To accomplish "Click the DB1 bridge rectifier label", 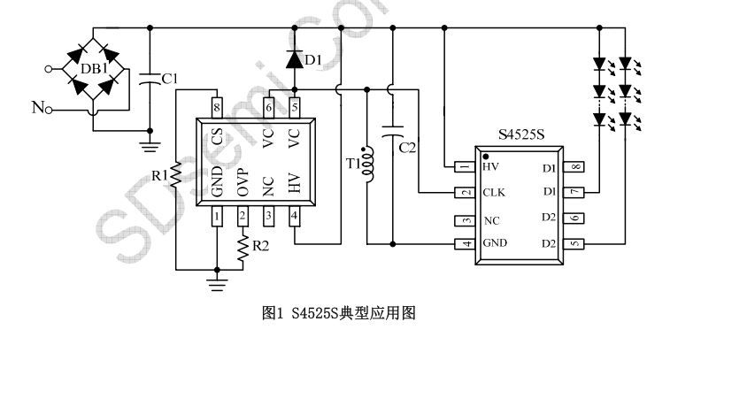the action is pyautogui.click(x=94, y=69).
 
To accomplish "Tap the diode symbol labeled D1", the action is pyautogui.click(x=295, y=59).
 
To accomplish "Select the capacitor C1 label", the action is pyautogui.click(x=170, y=79).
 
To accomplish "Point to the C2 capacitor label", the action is pyautogui.click(x=407, y=148).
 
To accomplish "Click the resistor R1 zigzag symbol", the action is pyautogui.click(x=176, y=174).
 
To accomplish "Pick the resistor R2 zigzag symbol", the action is pyautogui.click(x=243, y=247).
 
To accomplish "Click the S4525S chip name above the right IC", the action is pyautogui.click(x=521, y=134).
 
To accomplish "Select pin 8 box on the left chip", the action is pyautogui.click(x=217, y=108).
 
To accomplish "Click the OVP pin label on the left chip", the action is pyautogui.click(x=243, y=182).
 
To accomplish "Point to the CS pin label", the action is pyautogui.click(x=217, y=137).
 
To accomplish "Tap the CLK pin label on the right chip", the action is pyautogui.click(x=494, y=193).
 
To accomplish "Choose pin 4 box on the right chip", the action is pyautogui.click(x=465, y=244).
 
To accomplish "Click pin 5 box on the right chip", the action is pyautogui.click(x=574, y=244).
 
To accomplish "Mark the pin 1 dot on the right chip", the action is pyautogui.click(x=485, y=157).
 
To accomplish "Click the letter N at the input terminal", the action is pyautogui.click(x=38, y=107).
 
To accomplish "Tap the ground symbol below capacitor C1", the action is pyautogui.click(x=150, y=146).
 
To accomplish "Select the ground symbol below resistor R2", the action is pyautogui.click(x=217, y=285).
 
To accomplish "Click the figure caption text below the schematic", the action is pyautogui.click(x=339, y=313).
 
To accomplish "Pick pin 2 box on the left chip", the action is pyautogui.click(x=243, y=217).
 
